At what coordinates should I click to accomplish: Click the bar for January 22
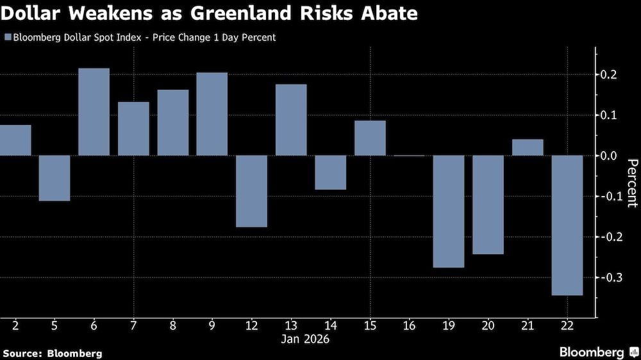567,225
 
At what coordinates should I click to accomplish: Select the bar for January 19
449,211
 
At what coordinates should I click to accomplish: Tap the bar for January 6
94,111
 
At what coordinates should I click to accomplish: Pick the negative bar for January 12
251,191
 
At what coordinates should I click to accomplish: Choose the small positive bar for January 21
528,147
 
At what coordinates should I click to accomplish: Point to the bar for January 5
54,177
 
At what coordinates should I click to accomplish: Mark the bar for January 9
212,113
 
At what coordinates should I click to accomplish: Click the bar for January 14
331,172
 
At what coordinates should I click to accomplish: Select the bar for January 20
488,204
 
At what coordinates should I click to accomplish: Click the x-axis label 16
410,325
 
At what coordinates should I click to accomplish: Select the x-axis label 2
15,325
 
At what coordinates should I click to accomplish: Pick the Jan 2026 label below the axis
305,339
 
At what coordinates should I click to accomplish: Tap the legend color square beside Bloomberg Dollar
7,38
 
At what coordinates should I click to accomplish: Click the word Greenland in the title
255,13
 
